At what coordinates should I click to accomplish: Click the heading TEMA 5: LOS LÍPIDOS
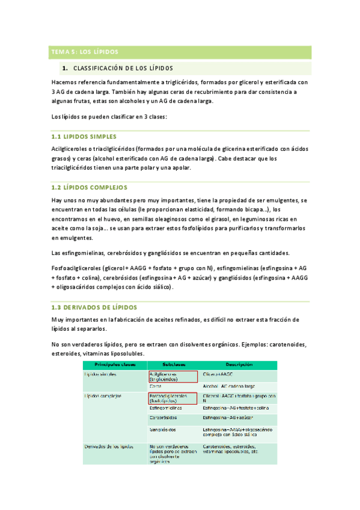coord(84,52)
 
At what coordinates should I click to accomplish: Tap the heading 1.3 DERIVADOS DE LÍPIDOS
coord(95,307)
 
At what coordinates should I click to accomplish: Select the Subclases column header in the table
coord(172,365)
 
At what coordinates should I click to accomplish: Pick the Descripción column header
coord(239,365)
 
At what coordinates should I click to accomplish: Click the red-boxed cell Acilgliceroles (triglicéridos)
coord(172,376)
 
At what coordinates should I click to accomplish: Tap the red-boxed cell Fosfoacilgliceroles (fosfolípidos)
coord(172,398)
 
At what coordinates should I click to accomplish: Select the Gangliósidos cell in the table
coord(163,430)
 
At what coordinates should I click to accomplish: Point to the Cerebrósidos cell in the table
coord(165,417)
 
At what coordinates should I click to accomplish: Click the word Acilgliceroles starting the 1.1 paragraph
coord(69,149)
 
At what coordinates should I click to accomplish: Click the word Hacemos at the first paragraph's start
coord(65,82)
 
